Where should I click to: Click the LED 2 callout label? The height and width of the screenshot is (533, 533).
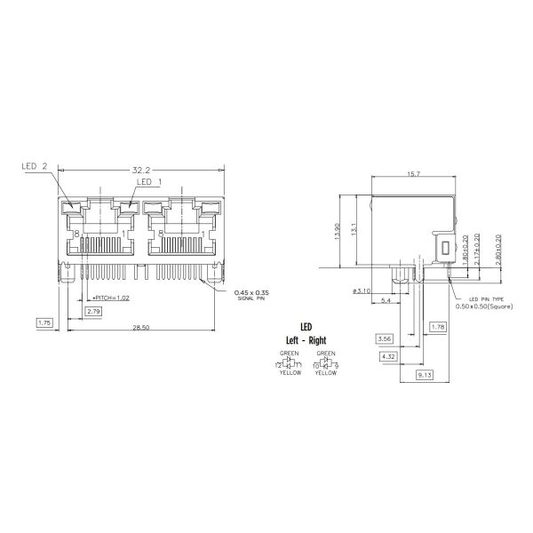34,165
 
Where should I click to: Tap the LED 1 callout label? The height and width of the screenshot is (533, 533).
149,182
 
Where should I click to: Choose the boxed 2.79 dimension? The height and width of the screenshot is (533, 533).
93,311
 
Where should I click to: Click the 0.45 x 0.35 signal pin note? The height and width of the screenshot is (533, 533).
251,292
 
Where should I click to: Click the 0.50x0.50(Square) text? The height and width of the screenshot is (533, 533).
483,305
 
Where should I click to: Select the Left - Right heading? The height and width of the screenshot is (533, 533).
305,340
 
